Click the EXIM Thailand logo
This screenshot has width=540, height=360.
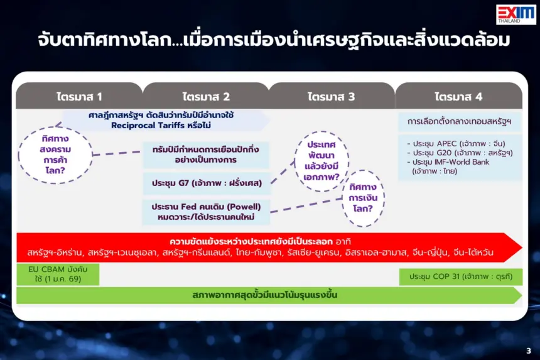tap(516, 14)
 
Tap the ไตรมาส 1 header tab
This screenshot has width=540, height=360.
tap(79, 95)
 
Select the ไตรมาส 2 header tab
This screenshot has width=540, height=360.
tap(206, 95)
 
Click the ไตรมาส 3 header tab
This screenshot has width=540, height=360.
tap(332, 95)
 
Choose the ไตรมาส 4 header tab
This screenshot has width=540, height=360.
tap(459, 95)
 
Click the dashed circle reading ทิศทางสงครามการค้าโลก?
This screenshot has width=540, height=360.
tap(55, 155)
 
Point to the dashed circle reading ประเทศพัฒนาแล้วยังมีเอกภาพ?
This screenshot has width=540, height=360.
tap(321, 161)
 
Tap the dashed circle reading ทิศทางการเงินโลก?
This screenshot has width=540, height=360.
tap(363, 198)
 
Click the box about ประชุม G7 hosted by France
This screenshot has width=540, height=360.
tap(207, 183)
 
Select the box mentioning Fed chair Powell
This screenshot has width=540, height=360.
tap(207, 212)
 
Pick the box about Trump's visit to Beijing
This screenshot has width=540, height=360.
tap(206, 155)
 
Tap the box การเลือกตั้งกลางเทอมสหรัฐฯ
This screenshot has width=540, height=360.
tap(460, 121)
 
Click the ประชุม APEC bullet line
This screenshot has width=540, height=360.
tap(456, 143)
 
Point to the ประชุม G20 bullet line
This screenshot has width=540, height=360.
tap(460, 153)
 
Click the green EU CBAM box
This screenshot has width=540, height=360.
tap(58, 274)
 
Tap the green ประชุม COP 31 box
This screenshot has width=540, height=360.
tap(461, 276)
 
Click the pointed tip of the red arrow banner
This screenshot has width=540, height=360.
tap(522, 248)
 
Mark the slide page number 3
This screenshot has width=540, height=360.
tap(529, 351)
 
